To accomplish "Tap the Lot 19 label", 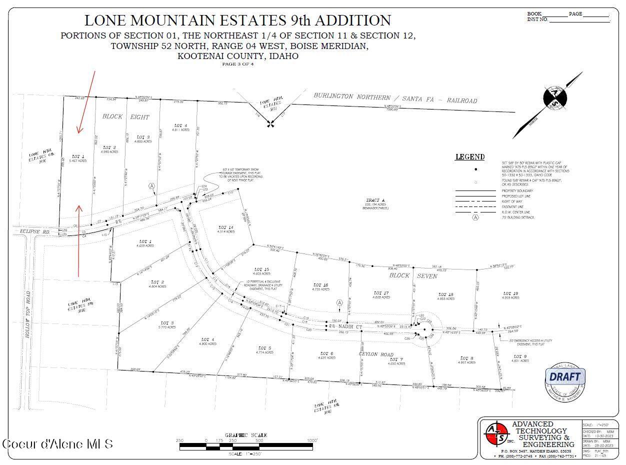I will pos(510,293).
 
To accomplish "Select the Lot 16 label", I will pos(320,285).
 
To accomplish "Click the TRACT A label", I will pos(375,199).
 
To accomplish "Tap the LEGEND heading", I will pos(469,157).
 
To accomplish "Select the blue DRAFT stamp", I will pos(565,377).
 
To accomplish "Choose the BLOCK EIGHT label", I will pos(125,116).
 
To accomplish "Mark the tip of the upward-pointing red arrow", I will pos(78,205).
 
